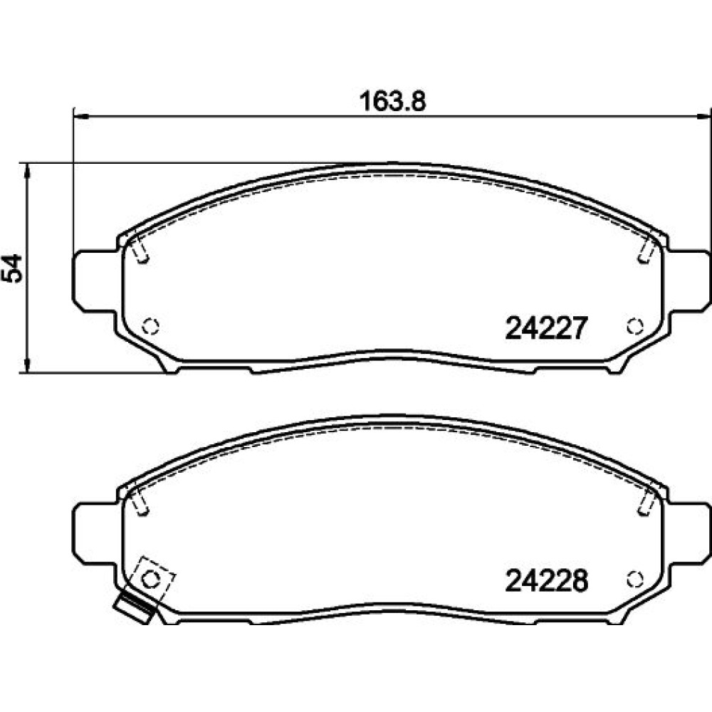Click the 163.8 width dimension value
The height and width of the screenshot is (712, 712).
393,101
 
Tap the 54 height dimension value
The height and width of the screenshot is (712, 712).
12,268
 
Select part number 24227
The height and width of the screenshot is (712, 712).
546,328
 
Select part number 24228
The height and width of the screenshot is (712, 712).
546,580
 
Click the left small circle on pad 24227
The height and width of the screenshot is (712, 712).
150,327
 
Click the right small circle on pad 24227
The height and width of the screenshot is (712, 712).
635,327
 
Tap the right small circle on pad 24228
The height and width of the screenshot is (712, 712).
635,579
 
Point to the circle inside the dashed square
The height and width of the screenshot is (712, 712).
150,580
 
